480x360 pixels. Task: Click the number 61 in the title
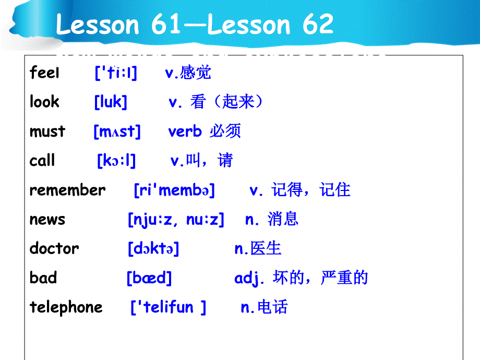coord(165,24)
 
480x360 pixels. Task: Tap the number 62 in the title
coord(318,24)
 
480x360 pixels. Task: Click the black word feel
coord(44,73)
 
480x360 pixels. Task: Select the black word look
coord(44,101)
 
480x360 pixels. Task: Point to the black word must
coord(47,131)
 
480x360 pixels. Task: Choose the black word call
coord(42,160)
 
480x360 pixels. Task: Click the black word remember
coord(68,190)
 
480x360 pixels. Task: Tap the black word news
coord(47,220)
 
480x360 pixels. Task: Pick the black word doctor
coord(54,248)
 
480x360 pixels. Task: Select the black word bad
coord(43,278)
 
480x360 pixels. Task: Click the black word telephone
coord(66,307)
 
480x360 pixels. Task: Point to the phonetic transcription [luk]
coord(111,102)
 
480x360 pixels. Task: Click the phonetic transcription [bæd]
coord(149,278)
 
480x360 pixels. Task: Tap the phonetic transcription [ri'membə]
coord(174,190)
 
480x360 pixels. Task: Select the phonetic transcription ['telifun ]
coord(169,307)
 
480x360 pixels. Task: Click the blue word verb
coord(185,131)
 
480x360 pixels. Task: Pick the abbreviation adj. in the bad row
coord(249,278)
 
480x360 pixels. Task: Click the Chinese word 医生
coord(266,248)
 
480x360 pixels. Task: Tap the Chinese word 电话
coord(272,307)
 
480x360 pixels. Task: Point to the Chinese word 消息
coord(283,219)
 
